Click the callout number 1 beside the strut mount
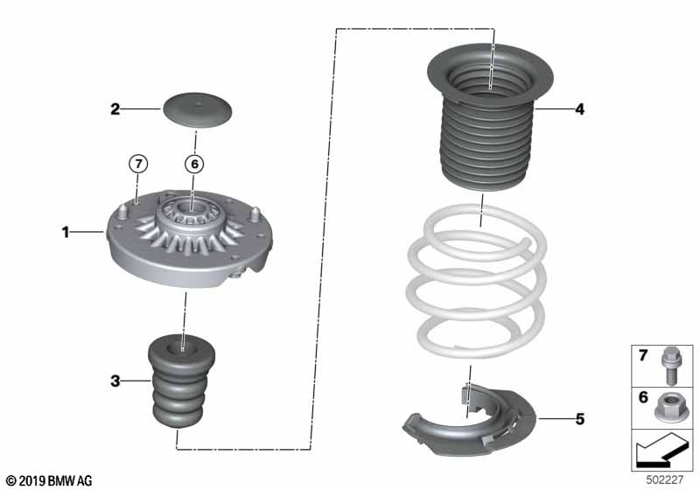(x=66, y=232)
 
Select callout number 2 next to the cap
(x=115, y=108)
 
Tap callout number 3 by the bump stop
(x=115, y=381)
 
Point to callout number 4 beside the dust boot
(x=579, y=108)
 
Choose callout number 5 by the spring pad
(x=580, y=419)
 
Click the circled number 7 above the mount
(x=138, y=164)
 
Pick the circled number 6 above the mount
(x=194, y=164)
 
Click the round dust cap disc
(x=198, y=110)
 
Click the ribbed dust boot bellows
(x=490, y=118)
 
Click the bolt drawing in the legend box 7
(x=669, y=366)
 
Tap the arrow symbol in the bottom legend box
(x=661, y=451)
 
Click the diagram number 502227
(x=665, y=480)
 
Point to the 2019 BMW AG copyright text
(x=50, y=480)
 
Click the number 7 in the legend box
(x=643, y=355)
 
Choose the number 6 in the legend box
(x=643, y=396)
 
